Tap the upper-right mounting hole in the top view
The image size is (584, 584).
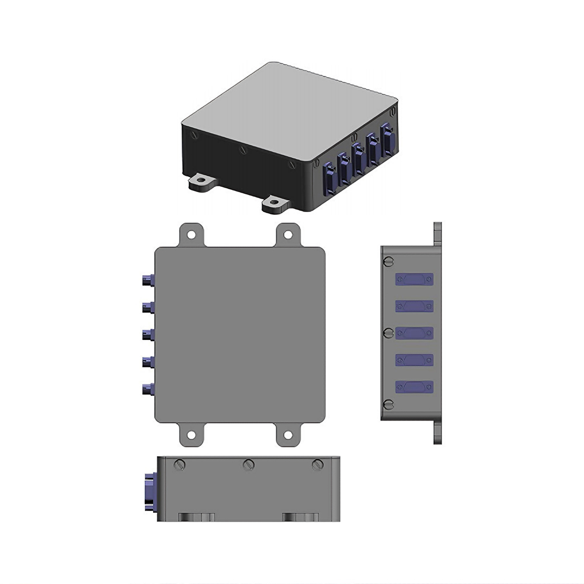(288, 235)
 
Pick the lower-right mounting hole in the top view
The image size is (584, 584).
(288, 434)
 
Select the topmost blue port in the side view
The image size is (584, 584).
(414, 280)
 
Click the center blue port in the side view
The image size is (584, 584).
(414, 333)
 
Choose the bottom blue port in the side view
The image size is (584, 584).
(414, 387)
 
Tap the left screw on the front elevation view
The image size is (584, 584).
(180, 465)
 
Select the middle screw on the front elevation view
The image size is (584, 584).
(249, 465)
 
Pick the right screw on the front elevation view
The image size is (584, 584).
(318, 465)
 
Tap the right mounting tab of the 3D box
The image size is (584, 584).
(275, 203)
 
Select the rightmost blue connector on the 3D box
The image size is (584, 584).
(387, 140)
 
